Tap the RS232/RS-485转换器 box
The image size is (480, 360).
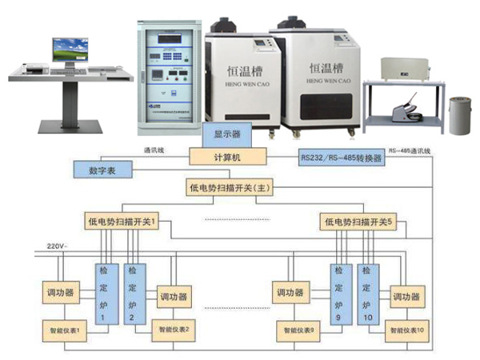[x=340, y=158]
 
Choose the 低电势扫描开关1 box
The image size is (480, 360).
[x=119, y=220]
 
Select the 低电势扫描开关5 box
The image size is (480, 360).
[x=355, y=220]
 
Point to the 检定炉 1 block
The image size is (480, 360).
[x=104, y=294]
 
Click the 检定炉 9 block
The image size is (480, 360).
[x=339, y=294]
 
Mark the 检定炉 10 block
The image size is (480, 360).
[x=366, y=294]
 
